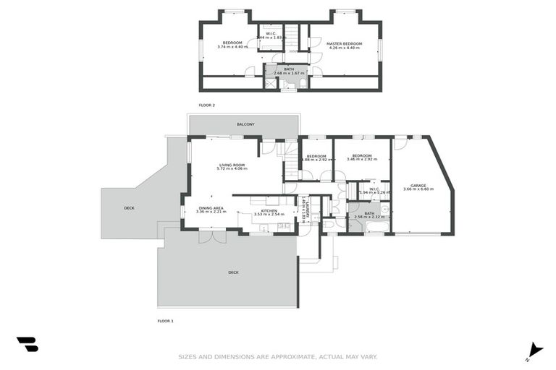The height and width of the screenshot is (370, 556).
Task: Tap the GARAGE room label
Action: pyautogui.click(x=418, y=186)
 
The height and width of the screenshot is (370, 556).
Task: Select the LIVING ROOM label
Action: pyautogui.click(x=232, y=165)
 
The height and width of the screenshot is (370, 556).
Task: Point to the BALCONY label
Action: pyautogui.click(x=245, y=124)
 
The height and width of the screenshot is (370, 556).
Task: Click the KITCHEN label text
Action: pyautogui.click(x=259, y=210)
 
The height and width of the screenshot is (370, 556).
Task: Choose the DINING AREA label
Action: pyautogui.click(x=211, y=208)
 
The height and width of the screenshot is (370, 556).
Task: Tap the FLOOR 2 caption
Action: pyautogui.click(x=207, y=106)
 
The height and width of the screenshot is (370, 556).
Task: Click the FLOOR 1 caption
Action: pyautogui.click(x=166, y=320)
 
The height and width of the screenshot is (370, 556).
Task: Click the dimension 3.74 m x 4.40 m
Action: pyautogui.click(x=232, y=47)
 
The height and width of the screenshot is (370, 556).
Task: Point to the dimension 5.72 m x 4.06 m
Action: pyautogui.click(x=232, y=170)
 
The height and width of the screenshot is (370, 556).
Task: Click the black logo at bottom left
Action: pyautogui.click(x=27, y=345)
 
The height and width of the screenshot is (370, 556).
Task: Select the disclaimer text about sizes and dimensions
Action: pyautogui.click(x=278, y=356)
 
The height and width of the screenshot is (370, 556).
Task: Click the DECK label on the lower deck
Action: pyautogui.click(x=233, y=272)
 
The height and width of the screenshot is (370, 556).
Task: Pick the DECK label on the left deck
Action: pyautogui.click(x=129, y=208)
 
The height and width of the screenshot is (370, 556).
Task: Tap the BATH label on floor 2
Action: pyautogui.click(x=289, y=69)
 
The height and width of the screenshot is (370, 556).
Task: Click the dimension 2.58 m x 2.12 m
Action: pyautogui.click(x=369, y=218)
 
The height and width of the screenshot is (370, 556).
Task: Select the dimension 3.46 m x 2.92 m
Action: pyautogui.click(x=362, y=160)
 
